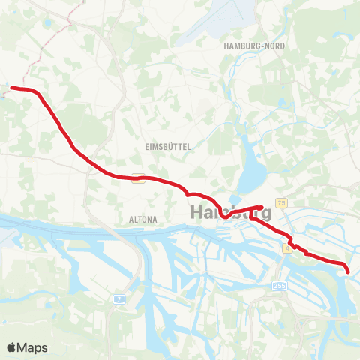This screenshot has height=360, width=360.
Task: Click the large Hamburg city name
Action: (230, 212)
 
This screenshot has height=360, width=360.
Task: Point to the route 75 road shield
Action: (281, 203)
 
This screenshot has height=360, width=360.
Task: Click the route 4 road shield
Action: (287, 247)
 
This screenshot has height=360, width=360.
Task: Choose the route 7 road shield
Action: (119, 298)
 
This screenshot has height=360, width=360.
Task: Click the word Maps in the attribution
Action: (34, 347)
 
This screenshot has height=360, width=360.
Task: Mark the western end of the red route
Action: (10, 88)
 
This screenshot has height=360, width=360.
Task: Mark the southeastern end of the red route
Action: (348, 270)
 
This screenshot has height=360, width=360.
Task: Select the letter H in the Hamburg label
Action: (198, 212)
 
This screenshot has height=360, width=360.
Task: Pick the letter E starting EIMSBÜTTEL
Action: (147, 148)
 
